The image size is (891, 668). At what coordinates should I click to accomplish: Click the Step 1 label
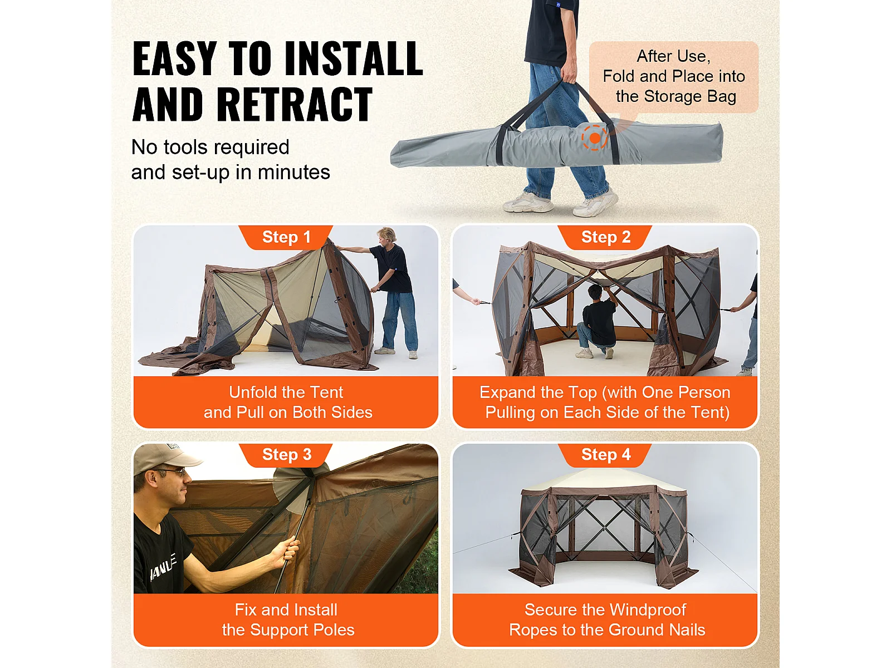(286, 237)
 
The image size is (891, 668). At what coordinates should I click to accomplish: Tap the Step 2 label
(606, 237)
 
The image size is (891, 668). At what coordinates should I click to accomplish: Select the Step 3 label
(287, 454)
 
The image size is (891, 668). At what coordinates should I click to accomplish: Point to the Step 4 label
(606, 454)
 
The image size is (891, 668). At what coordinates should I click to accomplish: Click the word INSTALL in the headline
(354, 58)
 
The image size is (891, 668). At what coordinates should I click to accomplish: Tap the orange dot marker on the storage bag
(595, 138)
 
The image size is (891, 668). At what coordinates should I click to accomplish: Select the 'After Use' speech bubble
(673, 77)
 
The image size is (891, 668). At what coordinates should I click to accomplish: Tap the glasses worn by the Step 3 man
(173, 471)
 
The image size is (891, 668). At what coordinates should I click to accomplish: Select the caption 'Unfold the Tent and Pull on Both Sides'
(287, 402)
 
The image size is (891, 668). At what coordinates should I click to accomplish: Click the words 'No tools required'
(210, 147)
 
